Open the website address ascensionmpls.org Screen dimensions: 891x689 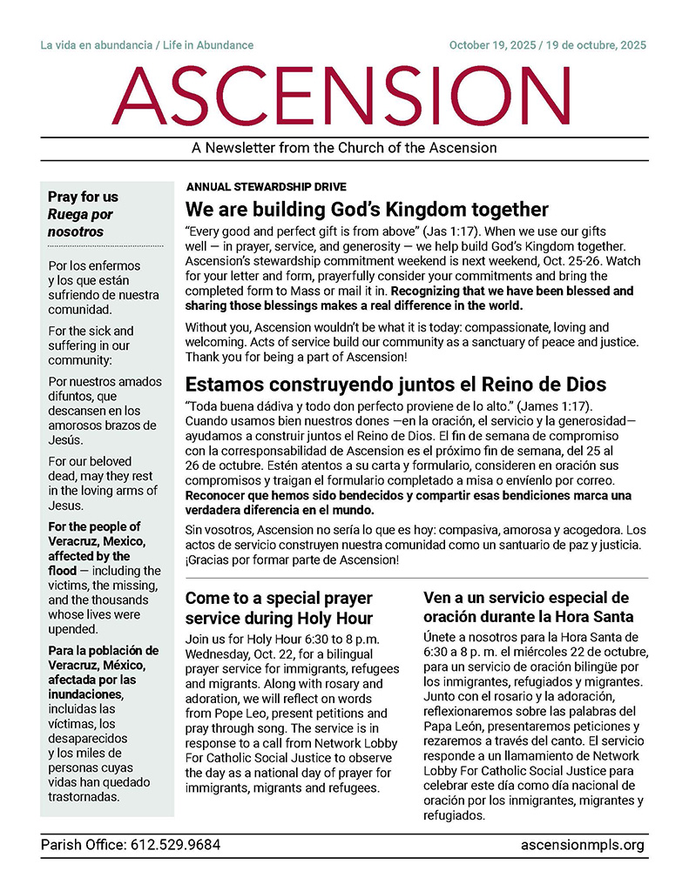click(x=583, y=844)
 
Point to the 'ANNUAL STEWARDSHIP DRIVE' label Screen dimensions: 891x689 click(x=266, y=187)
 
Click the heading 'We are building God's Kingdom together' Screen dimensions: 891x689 click(x=367, y=210)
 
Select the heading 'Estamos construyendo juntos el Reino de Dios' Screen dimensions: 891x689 click(x=383, y=384)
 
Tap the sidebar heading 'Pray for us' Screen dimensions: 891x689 click(x=83, y=197)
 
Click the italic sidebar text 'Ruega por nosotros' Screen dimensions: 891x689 click(x=80, y=223)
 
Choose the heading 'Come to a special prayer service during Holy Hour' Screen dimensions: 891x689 click(x=279, y=608)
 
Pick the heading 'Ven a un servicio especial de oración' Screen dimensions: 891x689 click(x=525, y=607)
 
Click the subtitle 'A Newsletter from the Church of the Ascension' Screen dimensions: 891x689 click(x=344, y=148)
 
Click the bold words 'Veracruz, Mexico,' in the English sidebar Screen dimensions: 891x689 click(x=98, y=542)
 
